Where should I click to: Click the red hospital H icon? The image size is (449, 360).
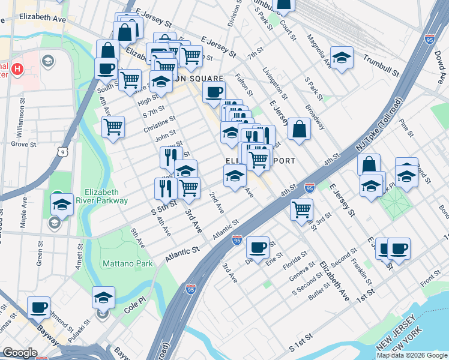(x=17, y=69)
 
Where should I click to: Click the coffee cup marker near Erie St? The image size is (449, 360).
(x=258, y=247)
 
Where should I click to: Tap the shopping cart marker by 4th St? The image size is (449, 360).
(x=301, y=209)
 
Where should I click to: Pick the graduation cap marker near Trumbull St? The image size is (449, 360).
(x=342, y=58)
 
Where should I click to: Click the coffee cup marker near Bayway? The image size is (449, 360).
(x=39, y=308)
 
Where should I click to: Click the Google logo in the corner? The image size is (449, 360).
(x=20, y=353)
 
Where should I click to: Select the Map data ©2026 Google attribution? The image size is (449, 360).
(x=412, y=355)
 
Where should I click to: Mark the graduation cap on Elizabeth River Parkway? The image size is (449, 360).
(x=62, y=204)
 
